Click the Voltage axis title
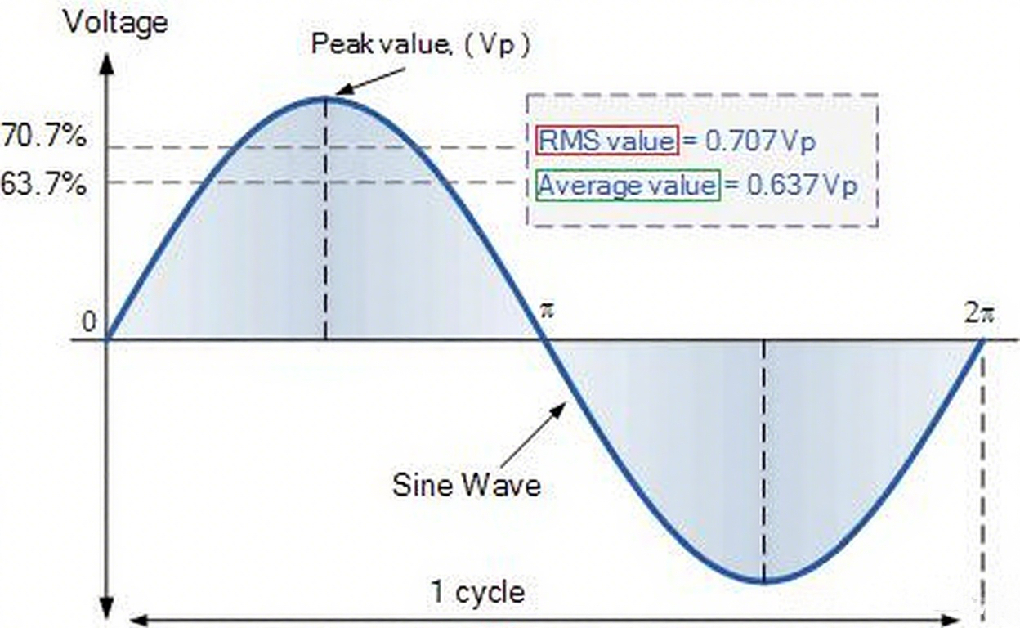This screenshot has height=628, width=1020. [x=115, y=21]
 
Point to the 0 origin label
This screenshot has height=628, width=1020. [x=89, y=323]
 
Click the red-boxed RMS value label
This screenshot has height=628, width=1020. [x=606, y=141]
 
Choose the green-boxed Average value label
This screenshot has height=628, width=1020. [x=628, y=186]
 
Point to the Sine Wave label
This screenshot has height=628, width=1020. [x=467, y=485]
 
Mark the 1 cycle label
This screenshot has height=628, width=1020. [x=478, y=591]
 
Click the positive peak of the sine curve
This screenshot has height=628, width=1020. [x=326, y=98]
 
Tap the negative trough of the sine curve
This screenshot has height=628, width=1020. [x=763, y=581]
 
